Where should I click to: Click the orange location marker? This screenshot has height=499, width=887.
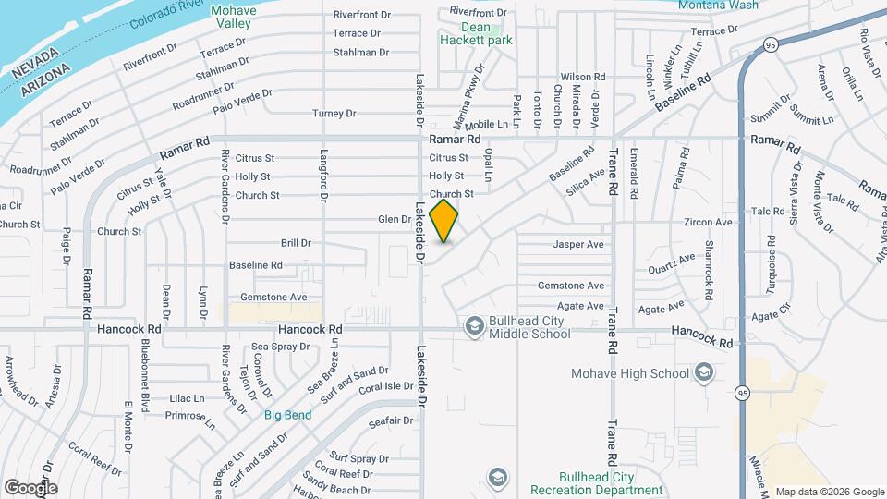pyautogui.click(x=444, y=220)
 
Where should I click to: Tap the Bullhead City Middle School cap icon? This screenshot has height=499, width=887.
pyautogui.click(x=474, y=324)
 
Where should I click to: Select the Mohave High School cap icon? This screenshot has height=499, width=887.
pyautogui.click(x=703, y=372)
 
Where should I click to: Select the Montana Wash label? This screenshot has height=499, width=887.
pyautogui.click(x=718, y=6)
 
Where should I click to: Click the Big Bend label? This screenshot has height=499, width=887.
pyautogui.click(x=287, y=415)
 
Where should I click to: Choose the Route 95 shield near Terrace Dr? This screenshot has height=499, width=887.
pyautogui.click(x=771, y=44)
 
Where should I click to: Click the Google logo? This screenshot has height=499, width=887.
pyautogui.click(x=30, y=487)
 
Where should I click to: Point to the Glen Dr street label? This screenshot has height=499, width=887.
pyautogui.click(x=394, y=219)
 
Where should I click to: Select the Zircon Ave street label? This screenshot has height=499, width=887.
pyautogui.click(x=708, y=223)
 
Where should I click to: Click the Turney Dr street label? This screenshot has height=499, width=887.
pyautogui.click(x=334, y=114)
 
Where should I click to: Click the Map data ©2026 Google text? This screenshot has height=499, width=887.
pyautogui.click(x=829, y=492)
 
